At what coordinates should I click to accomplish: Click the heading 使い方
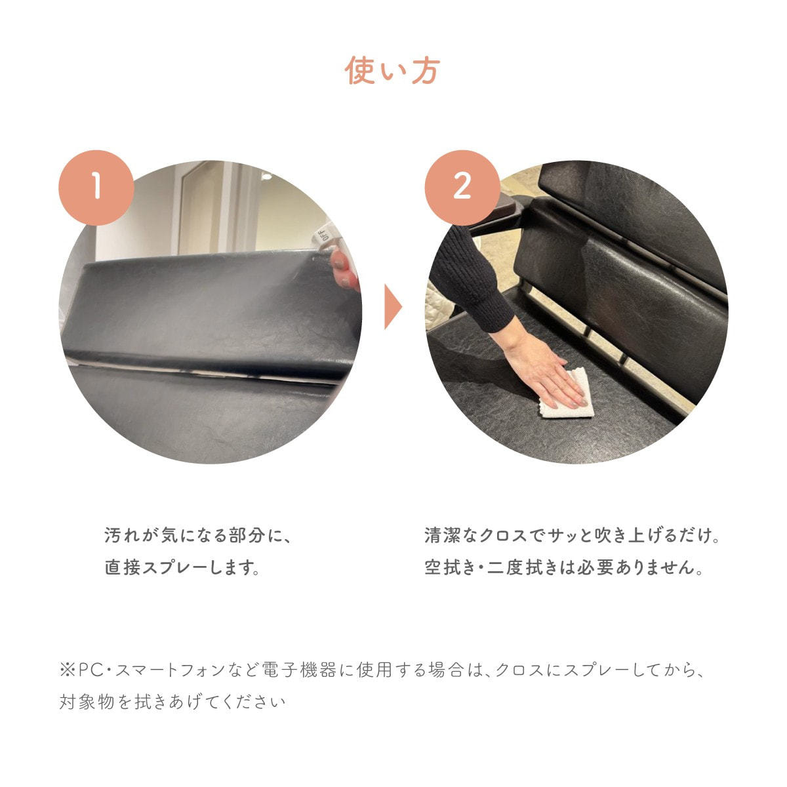point(392,71)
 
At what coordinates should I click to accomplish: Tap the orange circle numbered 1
point(96,188)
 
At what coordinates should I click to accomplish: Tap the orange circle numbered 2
point(462,188)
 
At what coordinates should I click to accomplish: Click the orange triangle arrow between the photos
point(393,306)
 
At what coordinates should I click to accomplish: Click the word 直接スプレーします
point(182,567)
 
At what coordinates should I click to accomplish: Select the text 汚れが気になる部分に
point(192,535)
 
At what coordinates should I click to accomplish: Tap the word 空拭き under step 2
point(450,567)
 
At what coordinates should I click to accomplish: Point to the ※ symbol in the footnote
point(67,670)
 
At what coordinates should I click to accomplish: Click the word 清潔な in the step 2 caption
point(451,535)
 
